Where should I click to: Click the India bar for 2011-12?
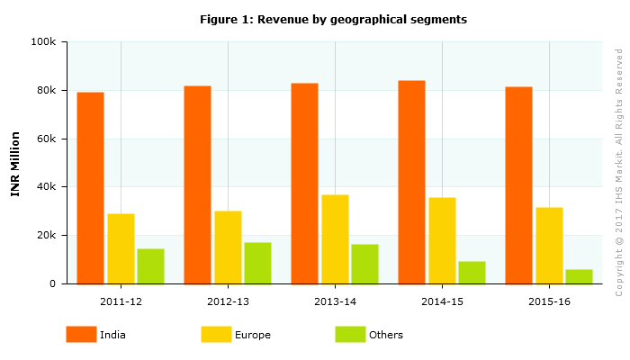point(90,188)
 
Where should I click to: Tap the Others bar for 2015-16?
point(579,276)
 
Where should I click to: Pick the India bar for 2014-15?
point(411,182)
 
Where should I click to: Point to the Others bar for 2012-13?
point(257,263)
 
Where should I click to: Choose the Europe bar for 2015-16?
point(549,246)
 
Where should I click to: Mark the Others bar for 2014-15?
point(472,273)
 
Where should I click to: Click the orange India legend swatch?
point(81,335)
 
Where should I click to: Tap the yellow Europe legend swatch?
point(216,335)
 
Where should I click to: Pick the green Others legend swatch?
point(350,335)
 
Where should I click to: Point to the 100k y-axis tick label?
point(43,42)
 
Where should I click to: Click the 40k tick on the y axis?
point(46,187)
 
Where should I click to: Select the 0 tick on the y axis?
point(53,283)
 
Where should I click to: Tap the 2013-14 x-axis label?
point(335,301)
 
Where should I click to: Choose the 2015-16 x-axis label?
point(549,301)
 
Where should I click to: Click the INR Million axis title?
point(15,163)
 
